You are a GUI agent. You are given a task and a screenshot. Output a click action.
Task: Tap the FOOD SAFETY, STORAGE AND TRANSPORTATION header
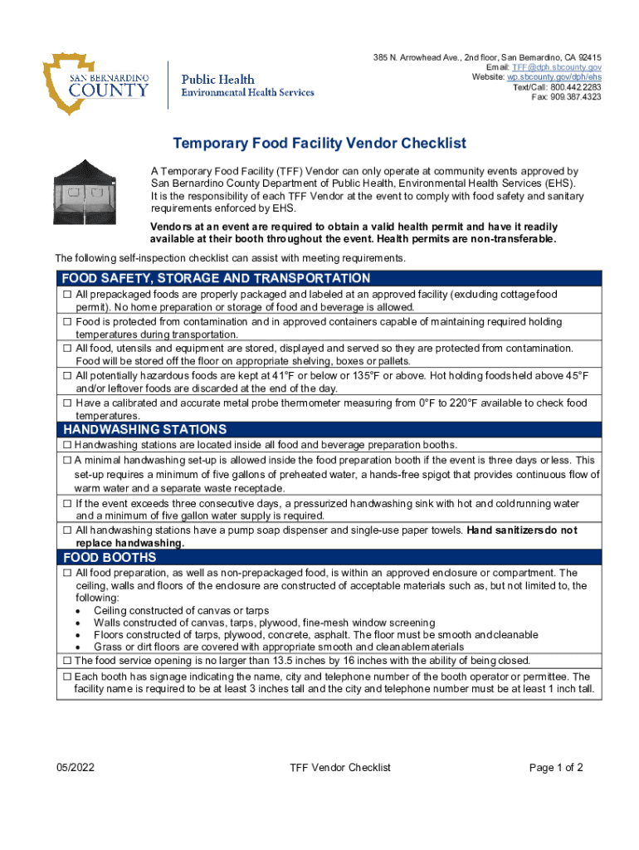click(217, 278)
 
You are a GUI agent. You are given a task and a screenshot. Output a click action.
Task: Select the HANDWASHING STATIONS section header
click(145, 429)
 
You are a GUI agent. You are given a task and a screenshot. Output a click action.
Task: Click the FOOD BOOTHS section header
click(110, 557)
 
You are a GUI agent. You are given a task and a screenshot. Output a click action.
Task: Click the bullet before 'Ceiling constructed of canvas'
click(78, 610)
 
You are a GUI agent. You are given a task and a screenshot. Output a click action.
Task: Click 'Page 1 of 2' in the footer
click(556, 768)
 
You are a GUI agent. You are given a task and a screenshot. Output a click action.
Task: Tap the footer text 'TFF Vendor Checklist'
click(340, 768)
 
